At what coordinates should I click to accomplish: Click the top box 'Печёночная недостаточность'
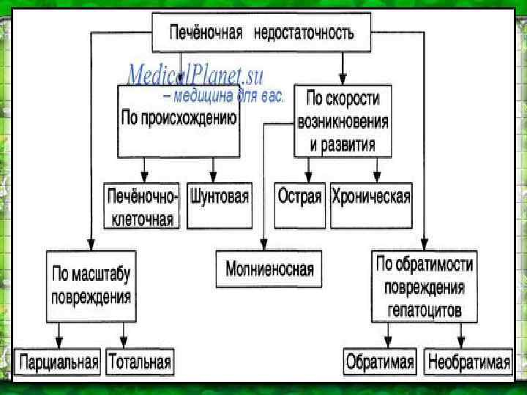coord(261,34)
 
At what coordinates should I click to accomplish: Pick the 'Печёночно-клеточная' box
coord(142,207)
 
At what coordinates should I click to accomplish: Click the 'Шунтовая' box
coord(219,197)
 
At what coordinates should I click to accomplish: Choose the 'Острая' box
coord(299,197)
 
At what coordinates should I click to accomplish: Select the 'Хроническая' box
coord(371,197)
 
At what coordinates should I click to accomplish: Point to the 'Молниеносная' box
coord(269,270)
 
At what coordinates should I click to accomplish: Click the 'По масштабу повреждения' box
coord(91,286)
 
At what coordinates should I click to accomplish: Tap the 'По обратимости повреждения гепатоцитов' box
coord(425,286)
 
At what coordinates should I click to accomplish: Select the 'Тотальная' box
coord(140,362)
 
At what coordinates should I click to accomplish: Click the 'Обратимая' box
coord(380,362)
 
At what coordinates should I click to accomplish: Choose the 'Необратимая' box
coord(469,362)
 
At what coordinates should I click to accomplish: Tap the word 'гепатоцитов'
coord(425,310)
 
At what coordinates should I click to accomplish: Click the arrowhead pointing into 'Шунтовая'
coord(212,177)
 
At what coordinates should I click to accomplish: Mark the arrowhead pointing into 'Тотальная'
coord(124,344)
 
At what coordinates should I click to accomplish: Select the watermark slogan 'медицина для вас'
coord(227,96)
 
